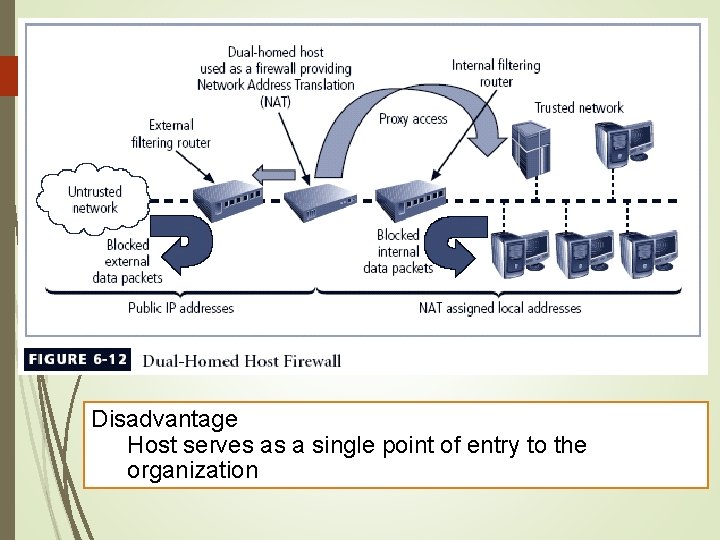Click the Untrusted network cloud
click(x=94, y=200)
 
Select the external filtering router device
click(x=225, y=197)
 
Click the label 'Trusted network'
click(x=578, y=108)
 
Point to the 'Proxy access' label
click(x=413, y=119)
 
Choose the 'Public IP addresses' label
click(x=181, y=308)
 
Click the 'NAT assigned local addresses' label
click(x=500, y=308)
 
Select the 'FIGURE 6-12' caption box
click(x=78, y=360)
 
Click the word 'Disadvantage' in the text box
click(x=164, y=419)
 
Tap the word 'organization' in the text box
click(x=192, y=470)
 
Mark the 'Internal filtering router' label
click(x=496, y=73)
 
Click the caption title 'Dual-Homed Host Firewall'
click(x=242, y=361)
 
